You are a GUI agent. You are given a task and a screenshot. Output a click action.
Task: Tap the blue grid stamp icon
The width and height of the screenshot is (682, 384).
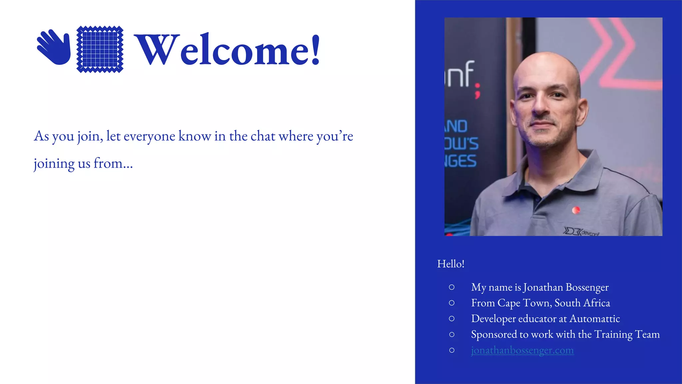100,49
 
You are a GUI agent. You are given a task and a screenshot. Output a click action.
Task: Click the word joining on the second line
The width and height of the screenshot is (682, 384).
54,164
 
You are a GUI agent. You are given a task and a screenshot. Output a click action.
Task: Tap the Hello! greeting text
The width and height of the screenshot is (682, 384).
451,264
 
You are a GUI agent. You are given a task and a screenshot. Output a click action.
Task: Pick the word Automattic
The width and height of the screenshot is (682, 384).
595,319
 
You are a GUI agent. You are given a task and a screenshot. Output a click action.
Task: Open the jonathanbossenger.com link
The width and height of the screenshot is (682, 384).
522,350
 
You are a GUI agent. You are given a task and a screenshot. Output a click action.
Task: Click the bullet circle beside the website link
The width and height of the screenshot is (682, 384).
452,350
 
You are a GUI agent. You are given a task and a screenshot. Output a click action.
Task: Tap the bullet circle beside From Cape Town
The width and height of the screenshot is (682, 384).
452,303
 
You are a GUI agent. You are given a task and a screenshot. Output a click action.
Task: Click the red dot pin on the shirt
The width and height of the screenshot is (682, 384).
576,210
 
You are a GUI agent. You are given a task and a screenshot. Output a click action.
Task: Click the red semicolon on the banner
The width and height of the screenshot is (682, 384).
478,91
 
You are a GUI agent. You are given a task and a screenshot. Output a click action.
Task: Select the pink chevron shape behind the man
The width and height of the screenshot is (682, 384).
616,50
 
